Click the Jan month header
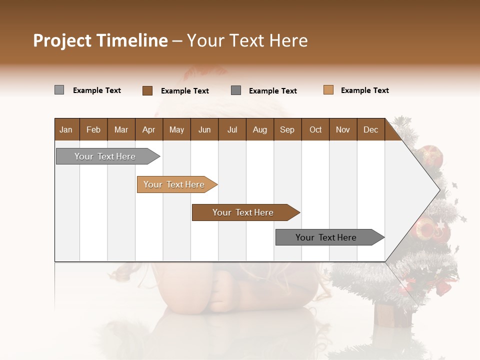coord(66,129)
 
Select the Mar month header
coord(121,129)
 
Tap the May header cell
coord(176,129)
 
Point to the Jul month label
coord(232,129)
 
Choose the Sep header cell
coord(287,129)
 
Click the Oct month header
coord(315,129)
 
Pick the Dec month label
coord(370,129)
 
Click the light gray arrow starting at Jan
coord(105,156)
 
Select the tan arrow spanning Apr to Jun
coord(174,184)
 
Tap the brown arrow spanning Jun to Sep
coord(243,212)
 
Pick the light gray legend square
coord(59,90)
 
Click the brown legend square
coord(147,90)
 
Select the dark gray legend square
coord(236,90)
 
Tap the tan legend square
coord(328,90)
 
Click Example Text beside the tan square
coord(364,90)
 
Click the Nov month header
coord(343,129)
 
